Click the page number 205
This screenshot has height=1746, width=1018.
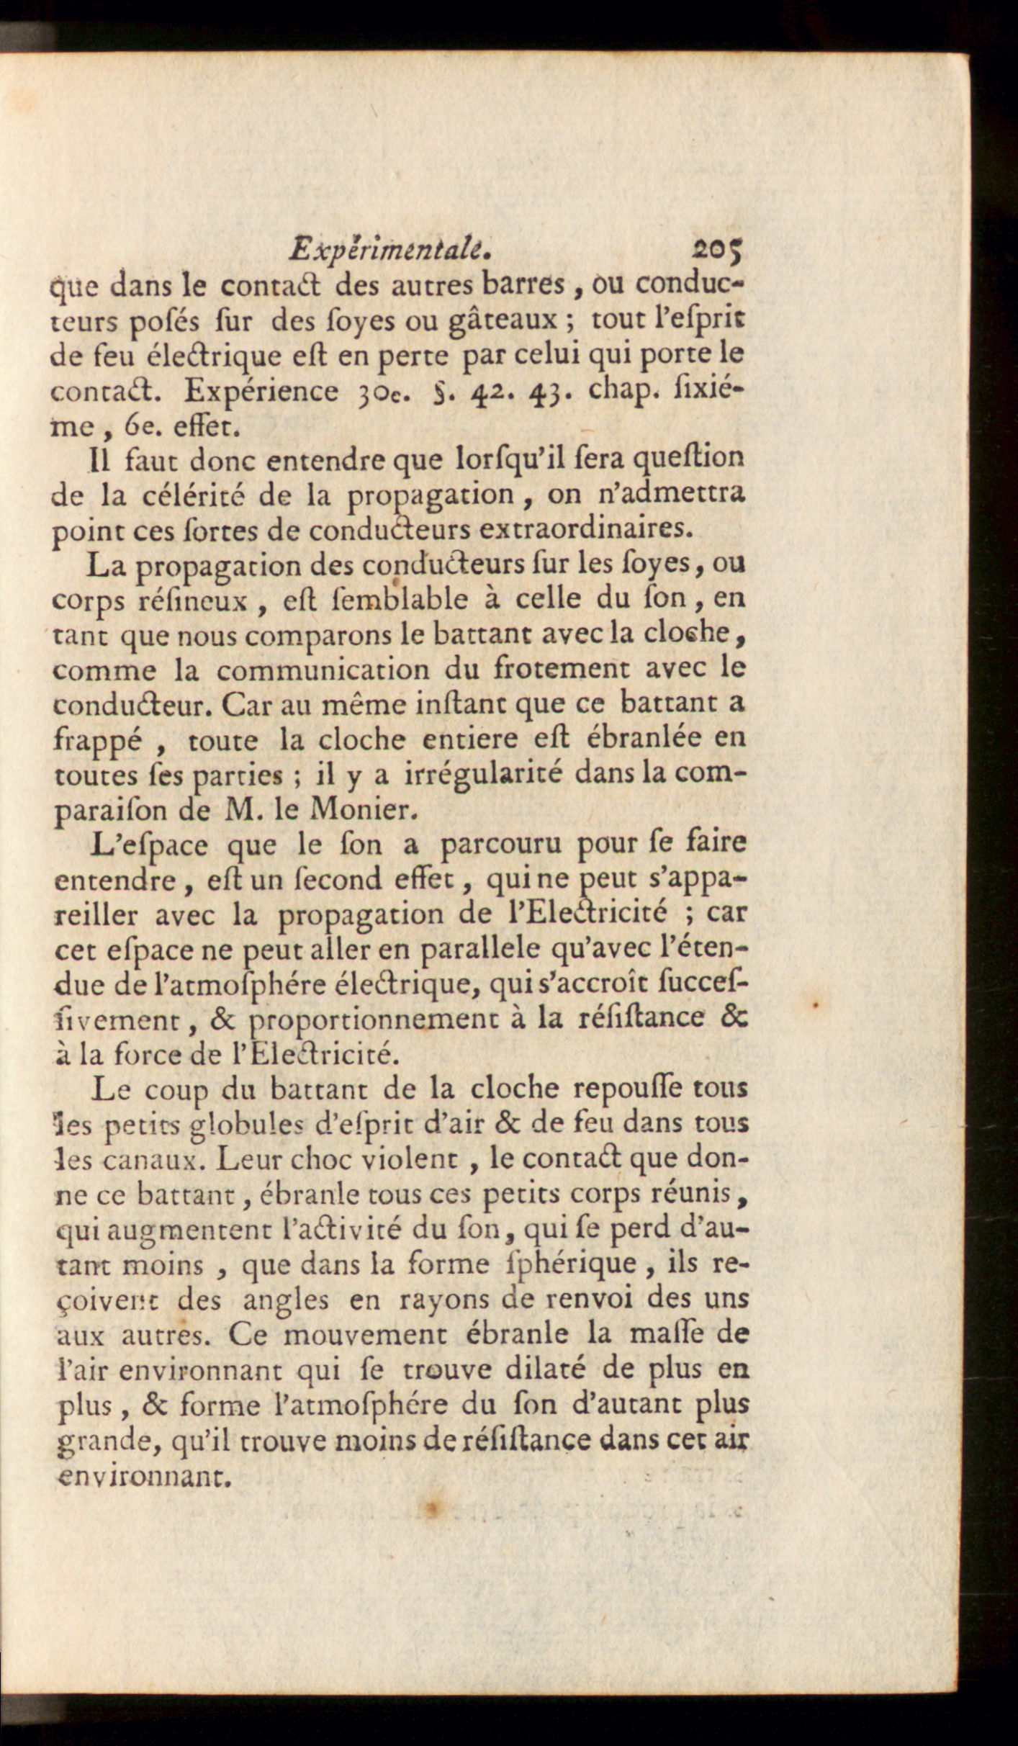pos(717,251)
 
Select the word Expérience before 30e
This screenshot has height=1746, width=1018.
pos(261,391)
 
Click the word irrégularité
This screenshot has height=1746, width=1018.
pos(490,775)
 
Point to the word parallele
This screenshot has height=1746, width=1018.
pos(479,949)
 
